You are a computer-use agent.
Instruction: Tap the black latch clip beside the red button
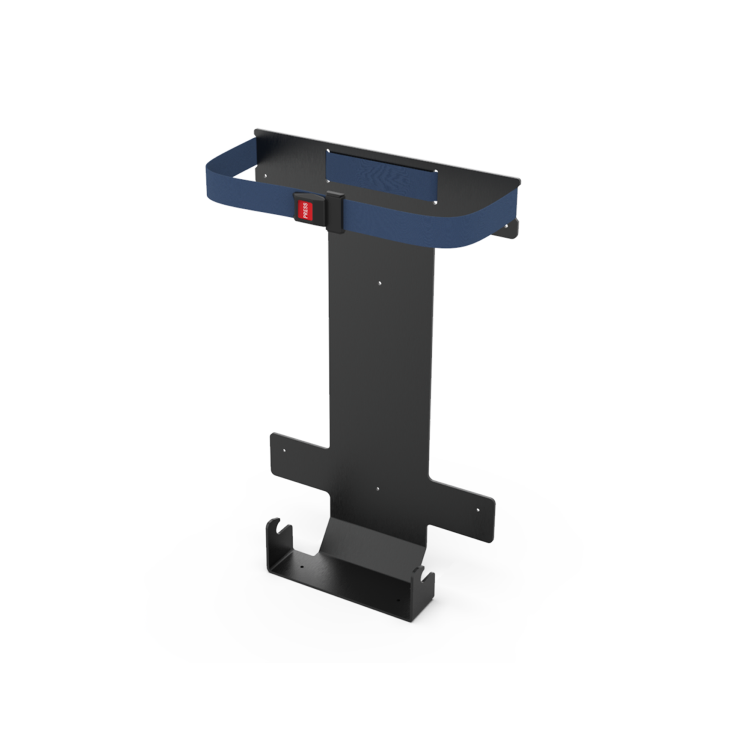[335, 211]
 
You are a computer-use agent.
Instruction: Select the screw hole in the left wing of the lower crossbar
[285, 450]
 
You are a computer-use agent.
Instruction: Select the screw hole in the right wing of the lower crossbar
[477, 510]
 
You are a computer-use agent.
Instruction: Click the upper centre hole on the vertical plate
[380, 283]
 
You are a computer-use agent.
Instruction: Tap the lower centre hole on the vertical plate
[378, 489]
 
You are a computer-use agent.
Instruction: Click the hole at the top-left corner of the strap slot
[328, 151]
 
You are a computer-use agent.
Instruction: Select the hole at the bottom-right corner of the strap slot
[435, 203]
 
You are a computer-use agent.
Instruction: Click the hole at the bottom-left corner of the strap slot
[328, 181]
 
